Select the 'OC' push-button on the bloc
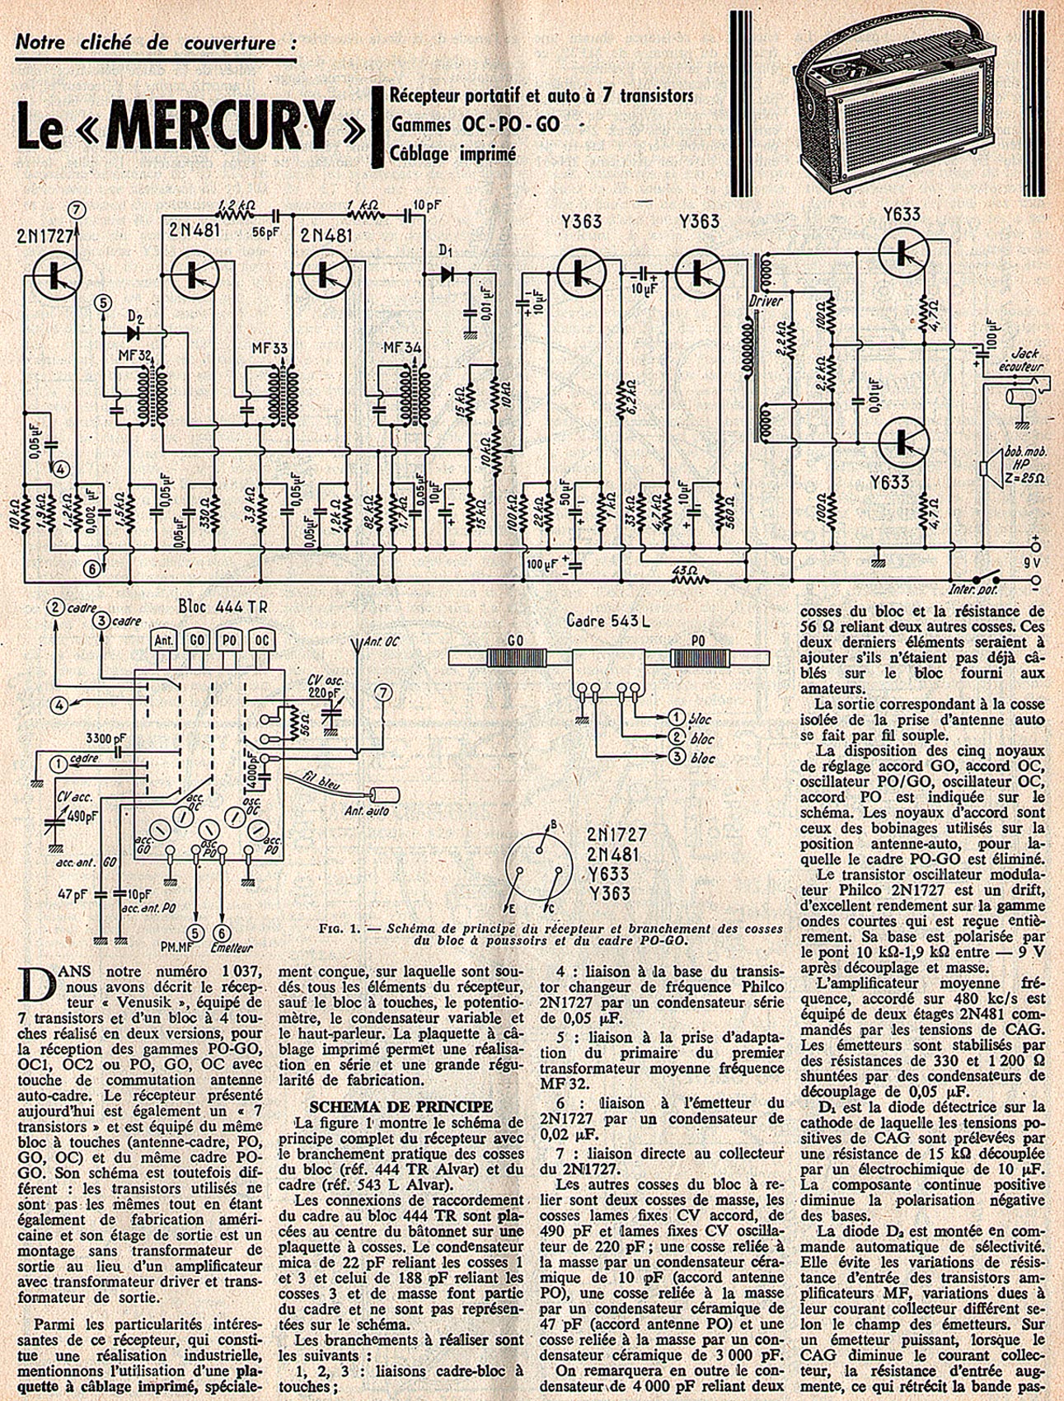click(260, 640)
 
